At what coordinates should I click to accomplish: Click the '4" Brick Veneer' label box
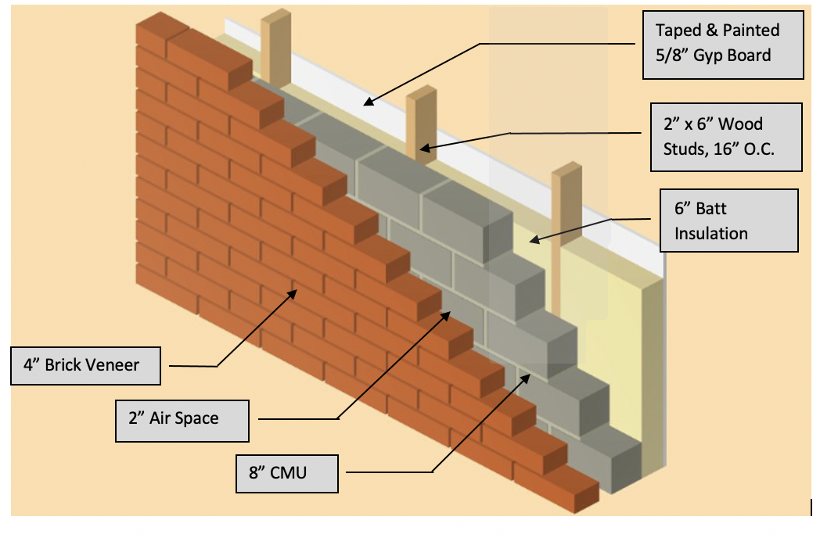(x=85, y=365)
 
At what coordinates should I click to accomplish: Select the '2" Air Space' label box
(x=182, y=419)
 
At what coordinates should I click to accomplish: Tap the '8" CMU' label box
(x=288, y=472)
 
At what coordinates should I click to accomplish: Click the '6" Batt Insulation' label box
(x=728, y=221)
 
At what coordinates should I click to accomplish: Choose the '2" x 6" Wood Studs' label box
(x=726, y=136)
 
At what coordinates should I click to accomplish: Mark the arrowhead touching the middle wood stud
(x=422, y=146)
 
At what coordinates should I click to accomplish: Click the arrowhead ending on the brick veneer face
(x=293, y=293)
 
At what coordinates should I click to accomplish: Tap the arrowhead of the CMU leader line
(x=528, y=377)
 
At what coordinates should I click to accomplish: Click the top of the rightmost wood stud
(x=567, y=170)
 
